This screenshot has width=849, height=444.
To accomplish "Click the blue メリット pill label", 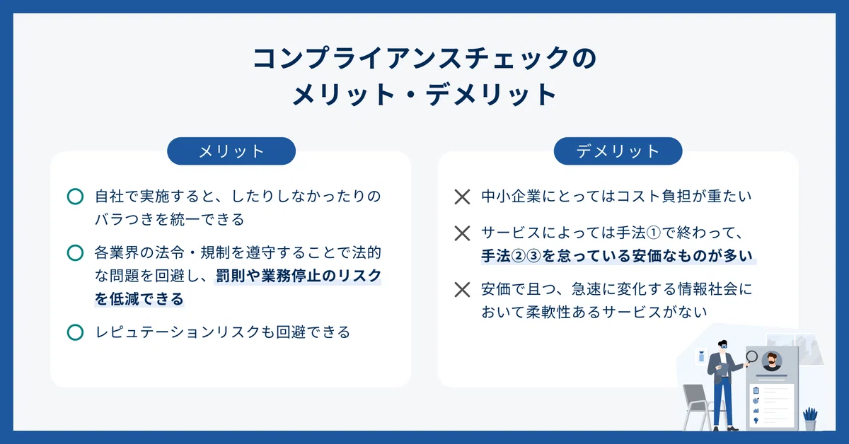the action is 231,151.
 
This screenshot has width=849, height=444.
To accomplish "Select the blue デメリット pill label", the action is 618,151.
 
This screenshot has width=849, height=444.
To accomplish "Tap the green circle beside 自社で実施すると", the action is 75,197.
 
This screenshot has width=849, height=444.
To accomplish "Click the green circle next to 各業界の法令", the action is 75,252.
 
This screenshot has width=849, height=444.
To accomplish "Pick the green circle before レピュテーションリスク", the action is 75,332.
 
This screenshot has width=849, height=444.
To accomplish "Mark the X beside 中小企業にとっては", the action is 462,197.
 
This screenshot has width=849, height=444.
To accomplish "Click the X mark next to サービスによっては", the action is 462,233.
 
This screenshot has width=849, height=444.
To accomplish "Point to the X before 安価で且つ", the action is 462,290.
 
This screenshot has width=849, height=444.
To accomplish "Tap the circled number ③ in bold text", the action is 533,256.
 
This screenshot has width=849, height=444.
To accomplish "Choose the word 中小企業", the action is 511,197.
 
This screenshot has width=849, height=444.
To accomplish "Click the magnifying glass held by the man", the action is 751,358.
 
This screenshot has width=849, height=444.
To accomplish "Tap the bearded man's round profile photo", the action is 772,361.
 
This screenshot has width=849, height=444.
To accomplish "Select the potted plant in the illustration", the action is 810,419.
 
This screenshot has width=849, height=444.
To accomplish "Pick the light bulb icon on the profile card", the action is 756,420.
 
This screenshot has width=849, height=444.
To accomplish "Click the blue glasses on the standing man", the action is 724,346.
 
